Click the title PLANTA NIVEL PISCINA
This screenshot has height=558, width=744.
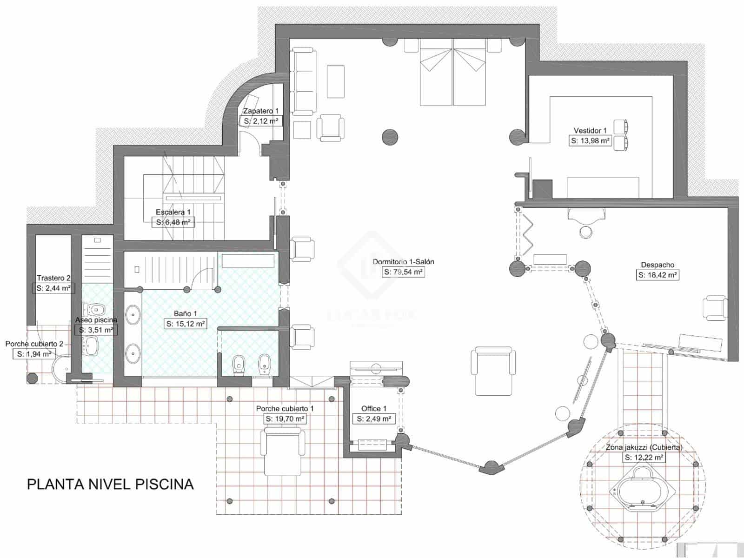point(110,484)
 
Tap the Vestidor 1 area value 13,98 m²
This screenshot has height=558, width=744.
point(590,140)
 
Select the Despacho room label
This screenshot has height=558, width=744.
point(658,265)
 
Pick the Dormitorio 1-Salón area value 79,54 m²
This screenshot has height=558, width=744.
point(403,272)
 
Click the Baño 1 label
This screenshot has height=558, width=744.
point(186,313)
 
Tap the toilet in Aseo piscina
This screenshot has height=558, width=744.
point(95,309)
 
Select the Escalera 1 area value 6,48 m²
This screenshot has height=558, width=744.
point(173,222)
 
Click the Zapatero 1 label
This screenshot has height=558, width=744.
point(261,111)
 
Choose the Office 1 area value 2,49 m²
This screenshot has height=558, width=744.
point(374,419)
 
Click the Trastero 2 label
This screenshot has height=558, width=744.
point(53,278)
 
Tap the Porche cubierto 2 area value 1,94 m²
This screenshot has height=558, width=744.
point(34,354)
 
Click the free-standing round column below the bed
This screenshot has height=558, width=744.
point(390,137)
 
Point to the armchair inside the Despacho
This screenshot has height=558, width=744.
point(715,308)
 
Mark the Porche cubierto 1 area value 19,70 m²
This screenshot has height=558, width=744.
point(285,419)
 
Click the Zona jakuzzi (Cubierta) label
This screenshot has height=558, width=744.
point(644,447)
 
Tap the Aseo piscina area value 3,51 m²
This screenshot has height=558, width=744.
point(96,330)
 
